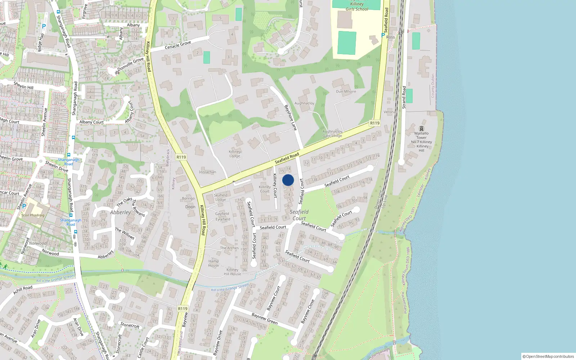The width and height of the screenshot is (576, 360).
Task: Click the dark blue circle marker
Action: pyautogui.click(x=288, y=180)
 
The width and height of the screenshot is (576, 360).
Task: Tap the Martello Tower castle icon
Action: pyautogui.click(x=421, y=129)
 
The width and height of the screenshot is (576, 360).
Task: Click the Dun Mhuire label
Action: pyautogui.click(x=346, y=91)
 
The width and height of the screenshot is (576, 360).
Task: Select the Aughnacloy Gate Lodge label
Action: pyautogui.click(x=332, y=134)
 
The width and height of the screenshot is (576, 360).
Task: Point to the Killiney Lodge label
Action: pyautogui.click(x=235, y=154)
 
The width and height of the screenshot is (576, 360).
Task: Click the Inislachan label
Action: pyautogui.click(x=207, y=172)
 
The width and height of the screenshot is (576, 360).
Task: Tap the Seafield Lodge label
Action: pyautogui.click(x=221, y=197)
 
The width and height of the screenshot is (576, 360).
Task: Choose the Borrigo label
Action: pyautogui.click(x=188, y=198)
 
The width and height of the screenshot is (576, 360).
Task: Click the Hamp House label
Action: pyautogui.click(x=213, y=263)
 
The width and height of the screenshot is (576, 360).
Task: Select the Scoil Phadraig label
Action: pyautogui.click(x=33, y=215)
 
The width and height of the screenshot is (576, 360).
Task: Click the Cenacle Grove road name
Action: pyautogui.click(x=178, y=45)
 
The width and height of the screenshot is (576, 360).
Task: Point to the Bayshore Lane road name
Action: pyautogui.click(x=291, y=117)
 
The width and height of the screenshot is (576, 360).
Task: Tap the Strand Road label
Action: pyautogui.click(x=404, y=97)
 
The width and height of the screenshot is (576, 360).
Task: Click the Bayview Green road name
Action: pyautogui.click(x=265, y=318)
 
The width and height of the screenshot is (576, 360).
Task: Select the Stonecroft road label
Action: pyautogui.click(x=130, y=325)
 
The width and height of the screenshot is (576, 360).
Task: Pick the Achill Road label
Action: pyautogui.click(x=23, y=290)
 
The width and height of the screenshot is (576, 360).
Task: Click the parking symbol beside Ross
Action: pyautogui.click(x=383, y=35)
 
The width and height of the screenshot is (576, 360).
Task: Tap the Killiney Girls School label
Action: pyautogui.click(x=357, y=6)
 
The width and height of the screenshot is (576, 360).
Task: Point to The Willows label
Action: pyautogui.click(x=125, y=234)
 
